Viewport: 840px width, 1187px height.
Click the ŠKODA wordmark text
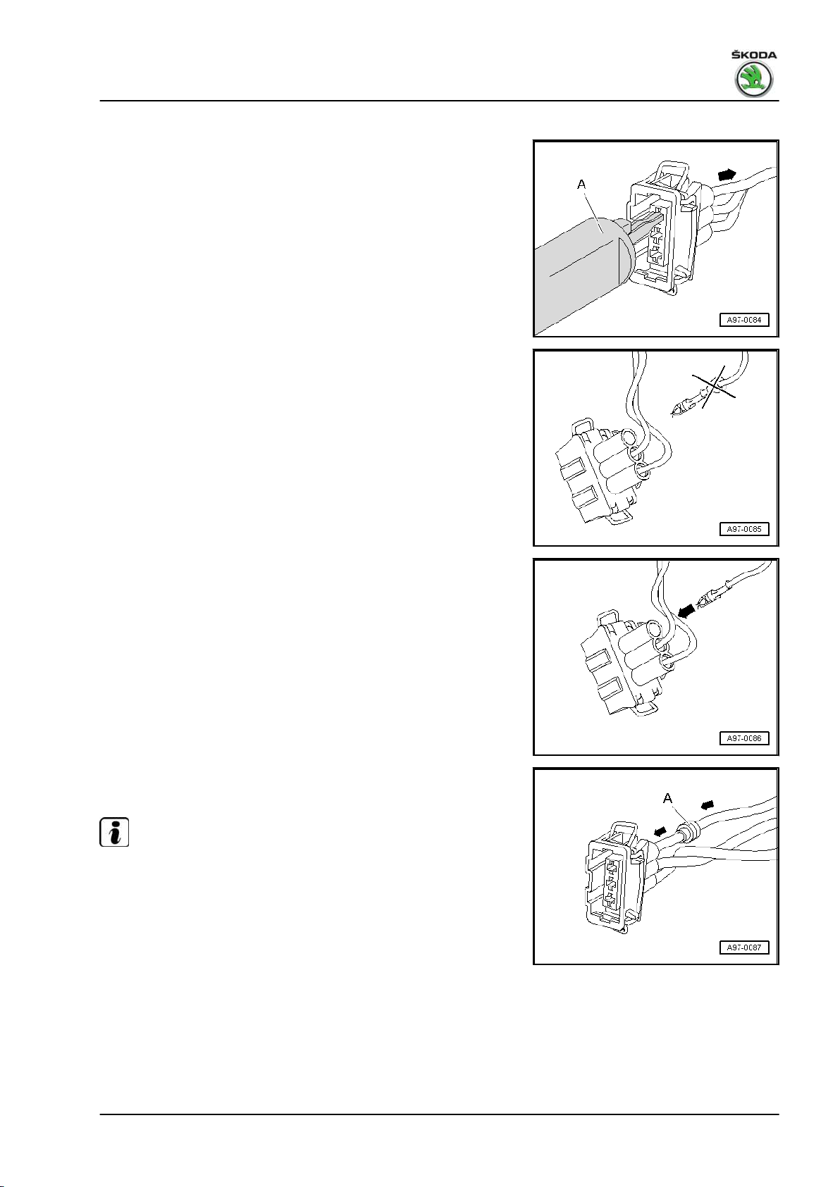pyautogui.click(x=753, y=55)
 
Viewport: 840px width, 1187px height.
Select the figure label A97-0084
pyautogui.click(x=744, y=320)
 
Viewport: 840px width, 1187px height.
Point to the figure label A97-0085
pyautogui.click(x=744, y=529)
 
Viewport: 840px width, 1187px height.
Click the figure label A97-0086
pyautogui.click(x=744, y=738)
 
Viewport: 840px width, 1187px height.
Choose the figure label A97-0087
pyautogui.click(x=744, y=947)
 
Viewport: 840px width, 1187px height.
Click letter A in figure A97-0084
pyautogui.click(x=581, y=185)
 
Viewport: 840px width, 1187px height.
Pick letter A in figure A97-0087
pyautogui.click(x=668, y=799)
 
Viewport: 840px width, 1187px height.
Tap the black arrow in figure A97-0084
pyautogui.click(x=726, y=173)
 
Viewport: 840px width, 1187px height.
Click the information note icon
pyautogui.click(x=114, y=832)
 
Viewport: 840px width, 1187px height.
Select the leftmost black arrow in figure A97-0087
pyautogui.click(x=659, y=831)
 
